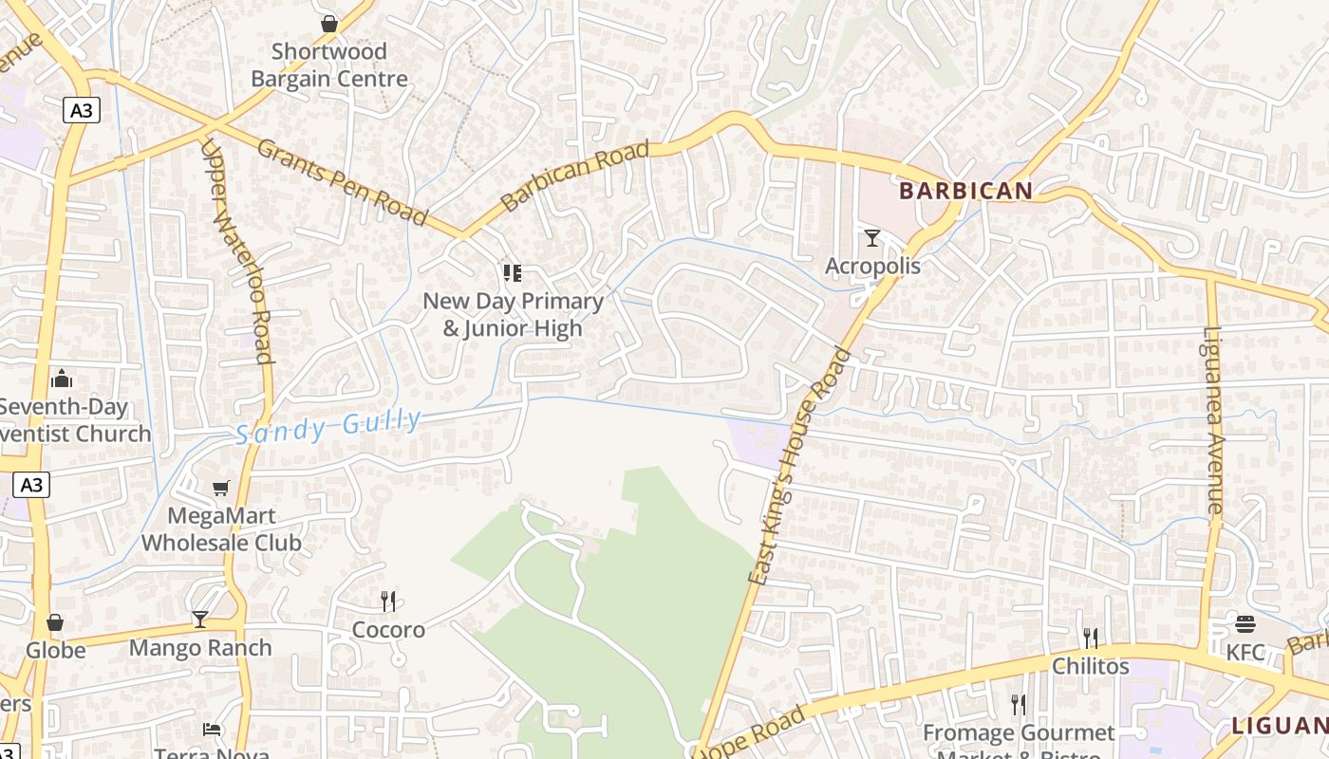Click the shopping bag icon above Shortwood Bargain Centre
(x=329, y=24)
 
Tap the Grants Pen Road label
(x=342, y=181)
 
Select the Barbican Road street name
(x=575, y=176)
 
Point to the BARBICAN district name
(x=965, y=191)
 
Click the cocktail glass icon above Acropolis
(x=872, y=238)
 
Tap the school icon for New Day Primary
(x=513, y=273)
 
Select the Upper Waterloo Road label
(x=238, y=251)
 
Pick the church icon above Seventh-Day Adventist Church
(x=62, y=379)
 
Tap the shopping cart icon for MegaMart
(x=221, y=489)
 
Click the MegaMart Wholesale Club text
(x=221, y=529)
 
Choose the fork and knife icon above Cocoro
(x=387, y=601)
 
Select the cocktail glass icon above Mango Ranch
(x=199, y=620)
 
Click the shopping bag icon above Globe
(x=55, y=622)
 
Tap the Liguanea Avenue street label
(x=1213, y=420)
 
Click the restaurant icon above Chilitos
(x=1090, y=638)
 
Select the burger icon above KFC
(x=1245, y=623)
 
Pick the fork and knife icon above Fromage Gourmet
(x=1019, y=704)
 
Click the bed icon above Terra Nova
(x=213, y=730)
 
